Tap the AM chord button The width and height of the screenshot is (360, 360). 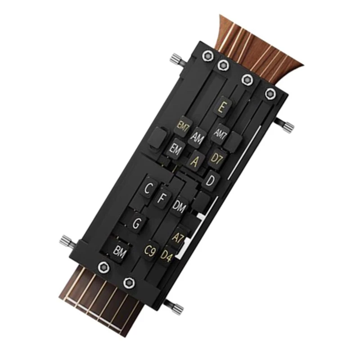(197, 137)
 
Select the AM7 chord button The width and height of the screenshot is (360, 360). (220, 133)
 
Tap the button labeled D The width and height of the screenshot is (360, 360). (210, 181)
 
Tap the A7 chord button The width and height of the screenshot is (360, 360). (178, 238)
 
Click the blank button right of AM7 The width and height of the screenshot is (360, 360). (233, 144)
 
